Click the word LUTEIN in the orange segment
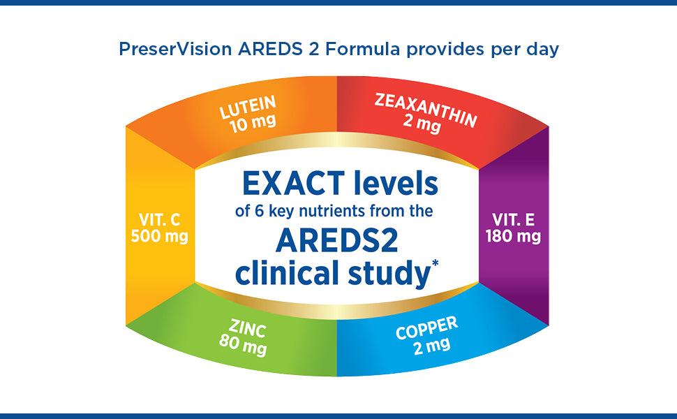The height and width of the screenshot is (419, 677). pyautogui.click(x=247, y=106)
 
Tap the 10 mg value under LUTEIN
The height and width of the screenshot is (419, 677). pyautogui.click(x=253, y=124)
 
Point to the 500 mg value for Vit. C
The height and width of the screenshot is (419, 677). pyautogui.click(x=159, y=237)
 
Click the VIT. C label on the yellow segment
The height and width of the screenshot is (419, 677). pyautogui.click(x=159, y=220)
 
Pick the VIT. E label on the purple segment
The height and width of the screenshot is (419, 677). pyautogui.click(x=514, y=220)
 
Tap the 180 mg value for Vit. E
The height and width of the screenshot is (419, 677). pyautogui.click(x=513, y=237)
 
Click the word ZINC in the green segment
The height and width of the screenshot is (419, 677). pyautogui.click(x=247, y=328)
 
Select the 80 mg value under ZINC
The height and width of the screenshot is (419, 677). pyautogui.click(x=243, y=345)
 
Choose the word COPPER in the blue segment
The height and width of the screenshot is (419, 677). pyautogui.click(x=426, y=328)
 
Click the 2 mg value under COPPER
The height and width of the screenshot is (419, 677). pyautogui.click(x=432, y=346)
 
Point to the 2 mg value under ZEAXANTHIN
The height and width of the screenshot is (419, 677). pyautogui.click(x=422, y=124)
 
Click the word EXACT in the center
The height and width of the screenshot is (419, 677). pyautogui.click(x=294, y=184)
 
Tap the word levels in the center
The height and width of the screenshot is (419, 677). pyautogui.click(x=396, y=183)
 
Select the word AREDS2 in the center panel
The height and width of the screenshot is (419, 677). pyautogui.click(x=337, y=241)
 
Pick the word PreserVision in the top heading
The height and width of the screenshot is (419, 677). pyautogui.click(x=175, y=49)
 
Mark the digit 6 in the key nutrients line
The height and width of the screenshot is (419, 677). pyautogui.click(x=259, y=211)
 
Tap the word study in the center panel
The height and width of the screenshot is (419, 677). pyautogui.click(x=389, y=274)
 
